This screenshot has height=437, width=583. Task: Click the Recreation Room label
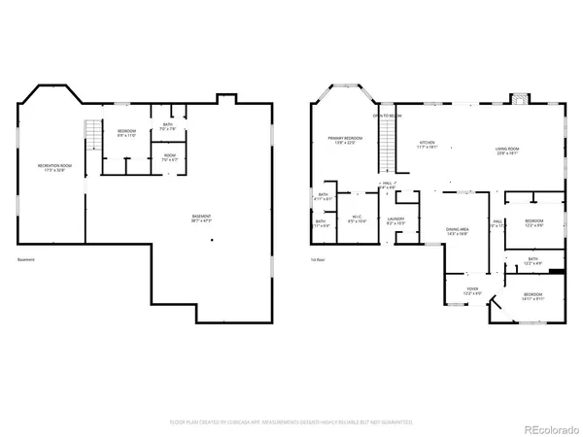pyautogui.click(x=54, y=169)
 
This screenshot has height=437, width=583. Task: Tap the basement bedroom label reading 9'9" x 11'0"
pyautogui.click(x=127, y=133)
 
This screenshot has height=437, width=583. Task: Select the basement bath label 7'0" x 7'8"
pyautogui.click(x=168, y=126)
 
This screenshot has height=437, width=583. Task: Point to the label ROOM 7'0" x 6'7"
pyautogui.click(x=169, y=157)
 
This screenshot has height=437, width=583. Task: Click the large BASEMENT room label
pyautogui.click(x=202, y=218)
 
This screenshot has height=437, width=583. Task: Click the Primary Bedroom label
pyautogui.click(x=345, y=142)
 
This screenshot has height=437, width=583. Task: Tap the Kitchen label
pyautogui.click(x=428, y=145)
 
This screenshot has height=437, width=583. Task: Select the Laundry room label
pyautogui.click(x=395, y=221)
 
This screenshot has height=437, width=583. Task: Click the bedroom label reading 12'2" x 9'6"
pyautogui.click(x=534, y=223)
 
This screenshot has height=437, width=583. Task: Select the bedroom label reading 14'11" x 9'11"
pyautogui.click(x=533, y=296)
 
